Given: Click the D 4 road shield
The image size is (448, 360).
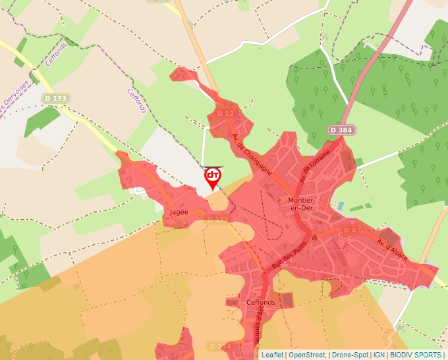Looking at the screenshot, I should point(349,230).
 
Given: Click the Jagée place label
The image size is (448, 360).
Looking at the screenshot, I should point(179,213).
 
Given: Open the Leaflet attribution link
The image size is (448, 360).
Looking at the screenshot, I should point(272,355).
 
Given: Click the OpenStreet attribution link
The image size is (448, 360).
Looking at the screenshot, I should point(307,355).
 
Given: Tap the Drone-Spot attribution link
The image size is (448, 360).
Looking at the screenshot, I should point(350,355).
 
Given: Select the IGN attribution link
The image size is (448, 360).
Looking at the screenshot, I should point(379,355).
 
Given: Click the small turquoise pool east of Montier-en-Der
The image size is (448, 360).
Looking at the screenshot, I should point(340,206).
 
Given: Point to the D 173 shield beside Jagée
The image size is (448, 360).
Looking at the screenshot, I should point(218,219).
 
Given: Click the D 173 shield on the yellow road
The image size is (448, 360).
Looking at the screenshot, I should point(56,98).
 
